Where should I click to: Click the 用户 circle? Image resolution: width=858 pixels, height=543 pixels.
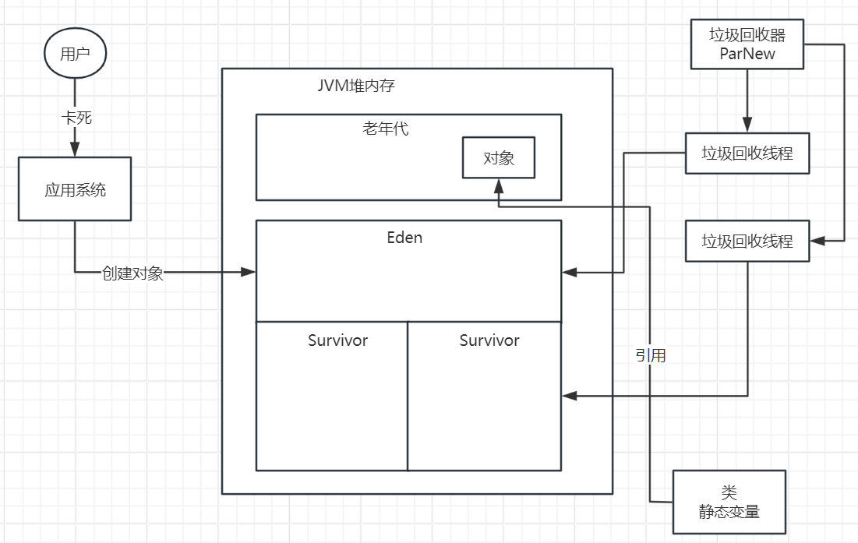(75, 55)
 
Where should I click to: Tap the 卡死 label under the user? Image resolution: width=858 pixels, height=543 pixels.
(76, 118)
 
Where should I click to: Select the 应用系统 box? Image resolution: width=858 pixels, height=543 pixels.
(75, 189)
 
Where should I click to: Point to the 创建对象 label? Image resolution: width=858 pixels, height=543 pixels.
(132, 273)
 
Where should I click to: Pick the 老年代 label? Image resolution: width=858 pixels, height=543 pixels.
(385, 129)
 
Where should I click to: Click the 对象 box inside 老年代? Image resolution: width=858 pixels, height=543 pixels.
(499, 158)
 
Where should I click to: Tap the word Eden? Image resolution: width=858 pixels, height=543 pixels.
(404, 238)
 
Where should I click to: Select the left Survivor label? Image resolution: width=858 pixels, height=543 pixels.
(337, 340)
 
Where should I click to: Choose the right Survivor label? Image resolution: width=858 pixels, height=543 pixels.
(489, 340)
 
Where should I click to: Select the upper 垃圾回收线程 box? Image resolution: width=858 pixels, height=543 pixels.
(747, 153)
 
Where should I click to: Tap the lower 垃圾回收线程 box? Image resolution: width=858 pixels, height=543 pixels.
(747, 241)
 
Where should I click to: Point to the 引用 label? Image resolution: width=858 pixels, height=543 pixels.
(650, 356)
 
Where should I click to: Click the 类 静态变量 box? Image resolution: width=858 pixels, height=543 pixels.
(729, 502)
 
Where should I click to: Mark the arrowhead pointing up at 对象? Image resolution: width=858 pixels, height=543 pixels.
(499, 185)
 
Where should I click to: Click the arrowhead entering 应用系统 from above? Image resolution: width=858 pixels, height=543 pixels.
(76, 150)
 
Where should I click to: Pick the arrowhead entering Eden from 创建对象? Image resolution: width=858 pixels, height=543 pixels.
(249, 272)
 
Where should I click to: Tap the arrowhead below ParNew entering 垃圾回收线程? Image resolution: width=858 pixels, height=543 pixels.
(747, 125)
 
